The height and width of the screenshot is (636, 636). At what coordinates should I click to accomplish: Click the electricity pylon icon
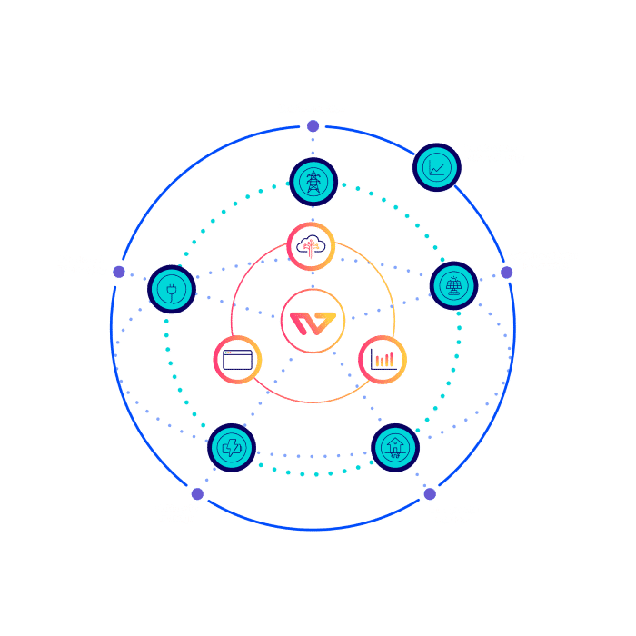tap(313, 181)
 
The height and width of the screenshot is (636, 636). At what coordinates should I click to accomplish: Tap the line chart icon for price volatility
tap(437, 167)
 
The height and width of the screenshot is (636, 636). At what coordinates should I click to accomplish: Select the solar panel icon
tap(453, 285)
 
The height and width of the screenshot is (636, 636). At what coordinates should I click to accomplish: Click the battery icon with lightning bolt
tap(232, 448)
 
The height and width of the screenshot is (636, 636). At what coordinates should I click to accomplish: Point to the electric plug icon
tap(171, 289)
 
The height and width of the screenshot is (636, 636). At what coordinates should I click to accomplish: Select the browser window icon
tap(236, 359)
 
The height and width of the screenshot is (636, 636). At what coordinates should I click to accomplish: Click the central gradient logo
tap(313, 321)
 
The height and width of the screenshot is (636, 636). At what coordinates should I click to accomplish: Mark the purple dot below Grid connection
tap(313, 126)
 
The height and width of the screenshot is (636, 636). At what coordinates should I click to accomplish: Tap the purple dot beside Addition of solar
tap(507, 273)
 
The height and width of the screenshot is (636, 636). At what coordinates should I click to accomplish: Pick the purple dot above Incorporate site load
tap(430, 496)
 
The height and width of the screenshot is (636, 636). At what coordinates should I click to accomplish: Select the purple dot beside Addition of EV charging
tap(117, 271)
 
